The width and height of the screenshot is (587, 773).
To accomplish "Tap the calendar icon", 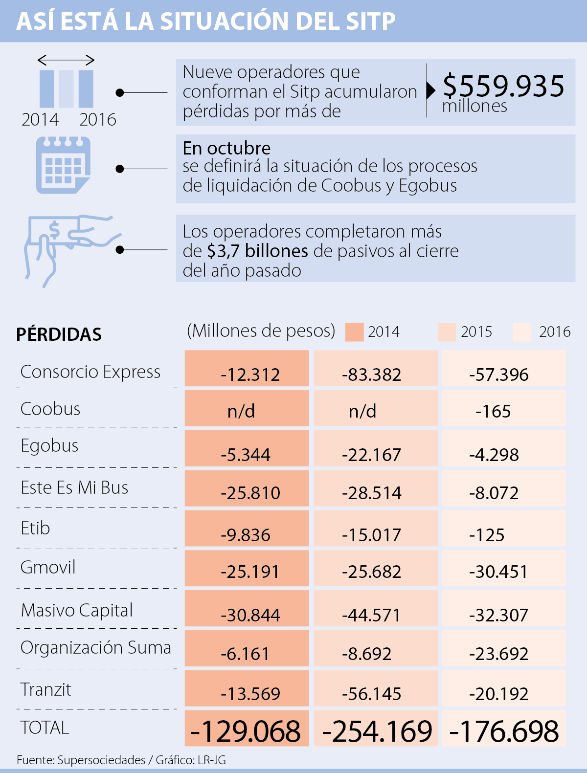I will click(63, 165).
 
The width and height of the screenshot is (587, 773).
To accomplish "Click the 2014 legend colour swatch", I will click(354, 332).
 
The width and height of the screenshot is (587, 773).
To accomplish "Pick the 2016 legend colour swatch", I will click(521, 332).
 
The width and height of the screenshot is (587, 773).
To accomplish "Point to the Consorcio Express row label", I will click(90, 372).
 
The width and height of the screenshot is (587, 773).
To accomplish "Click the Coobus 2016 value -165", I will click(493, 411).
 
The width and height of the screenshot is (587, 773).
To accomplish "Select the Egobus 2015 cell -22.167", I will click(371, 454).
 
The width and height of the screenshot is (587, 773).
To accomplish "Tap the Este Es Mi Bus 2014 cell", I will click(250, 492).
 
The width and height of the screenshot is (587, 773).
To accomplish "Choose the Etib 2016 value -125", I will click(487, 534).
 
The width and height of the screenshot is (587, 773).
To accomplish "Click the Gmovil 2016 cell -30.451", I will click(498, 571).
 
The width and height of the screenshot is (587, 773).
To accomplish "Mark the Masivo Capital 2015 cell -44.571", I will click(371, 615).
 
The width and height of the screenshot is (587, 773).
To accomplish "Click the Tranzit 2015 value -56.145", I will click(371, 693).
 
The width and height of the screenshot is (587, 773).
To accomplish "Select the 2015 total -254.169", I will click(377, 731).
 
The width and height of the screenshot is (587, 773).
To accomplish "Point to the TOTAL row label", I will click(45, 728).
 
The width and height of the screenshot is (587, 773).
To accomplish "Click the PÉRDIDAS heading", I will click(59, 334).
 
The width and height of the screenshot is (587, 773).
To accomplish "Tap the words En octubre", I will click(226, 148).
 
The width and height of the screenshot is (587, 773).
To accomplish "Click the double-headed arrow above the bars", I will click(66, 60).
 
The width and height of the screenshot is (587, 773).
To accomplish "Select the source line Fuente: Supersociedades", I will click(81, 760).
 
